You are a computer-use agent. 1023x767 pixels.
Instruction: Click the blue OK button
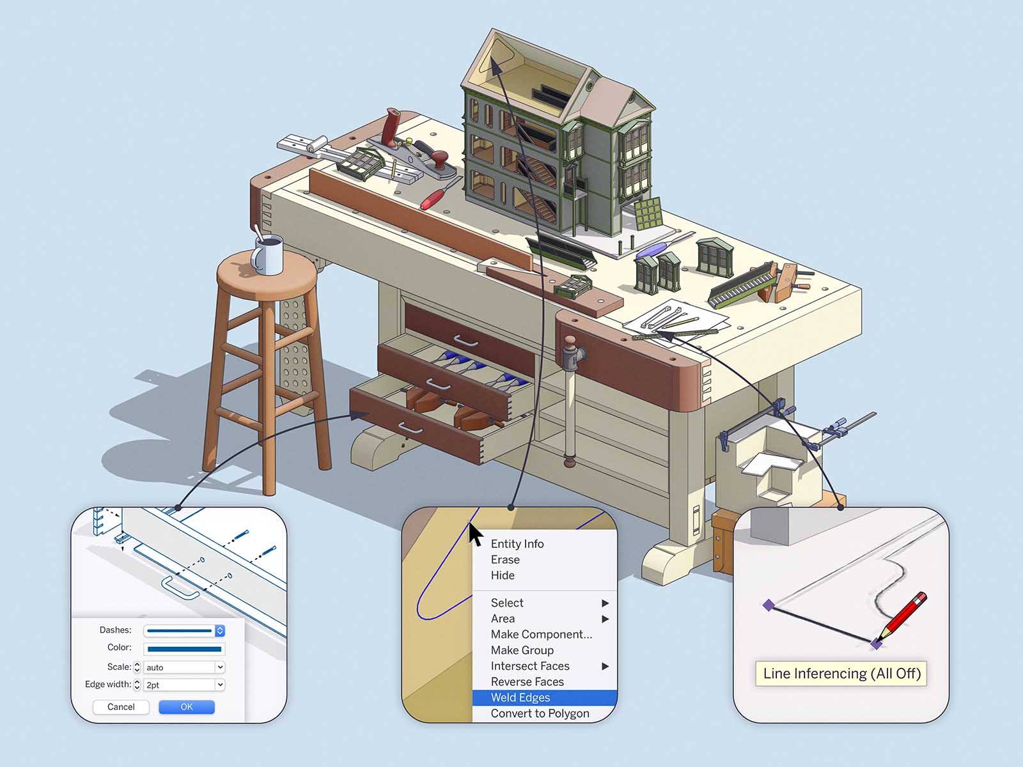(186, 707)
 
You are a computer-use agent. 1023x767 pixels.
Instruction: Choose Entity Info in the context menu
(517, 544)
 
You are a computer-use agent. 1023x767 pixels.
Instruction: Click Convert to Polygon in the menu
(540, 713)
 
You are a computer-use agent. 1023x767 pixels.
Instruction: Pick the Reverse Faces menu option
(527, 682)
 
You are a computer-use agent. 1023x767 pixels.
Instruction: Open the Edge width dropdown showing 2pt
(184, 685)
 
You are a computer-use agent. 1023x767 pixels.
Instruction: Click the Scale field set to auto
(184, 667)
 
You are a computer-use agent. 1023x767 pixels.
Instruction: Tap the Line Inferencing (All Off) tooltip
(841, 674)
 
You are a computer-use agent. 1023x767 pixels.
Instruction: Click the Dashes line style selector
(184, 631)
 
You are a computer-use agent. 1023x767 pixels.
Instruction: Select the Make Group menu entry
(522, 650)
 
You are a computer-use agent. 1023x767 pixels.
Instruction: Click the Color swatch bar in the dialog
(184, 649)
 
